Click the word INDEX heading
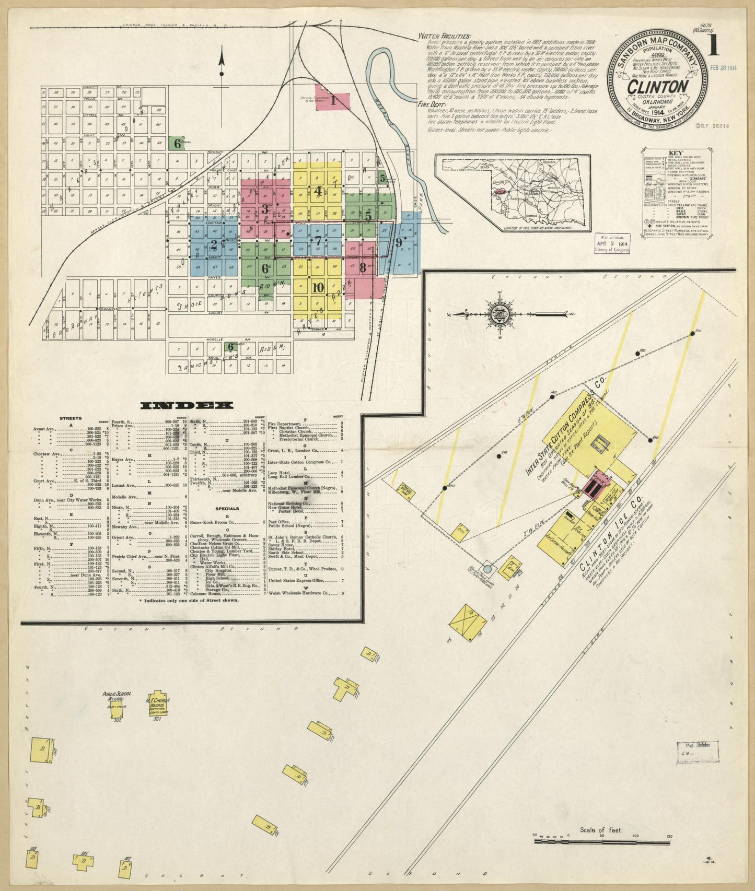coord(187,405)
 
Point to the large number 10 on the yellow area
coord(318,287)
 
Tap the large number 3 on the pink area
coord(265,209)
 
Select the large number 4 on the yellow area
coord(318,191)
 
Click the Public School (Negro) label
coord(117,696)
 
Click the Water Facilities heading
coord(445,37)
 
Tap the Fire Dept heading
coord(431,104)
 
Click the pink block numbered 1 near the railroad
coord(333,99)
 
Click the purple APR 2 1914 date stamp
coord(612,243)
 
